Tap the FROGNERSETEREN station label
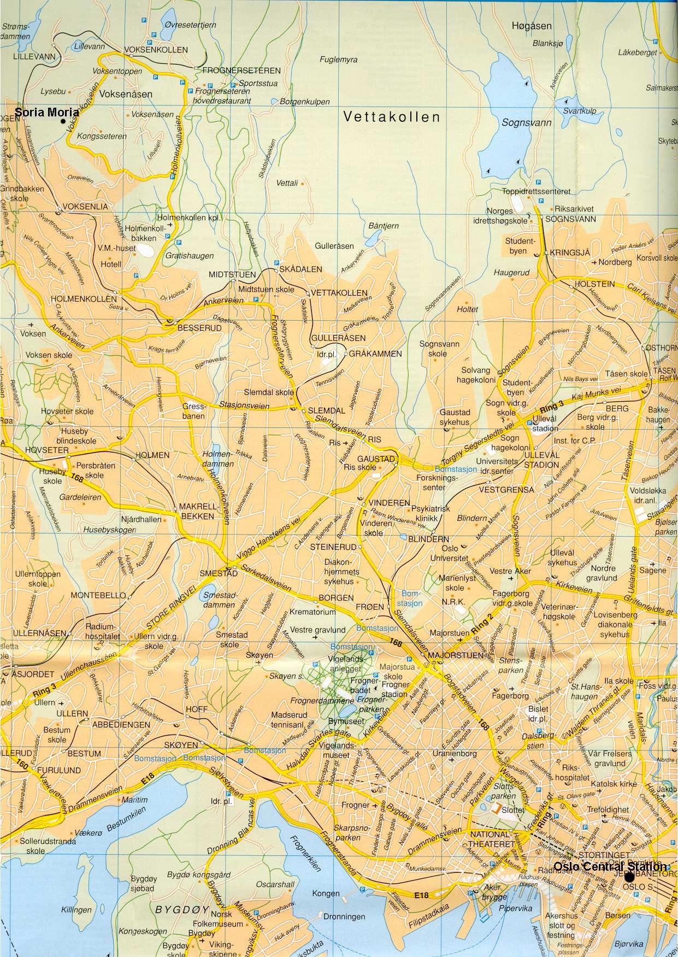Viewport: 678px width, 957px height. pos(241,71)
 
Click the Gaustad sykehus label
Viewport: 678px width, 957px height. pos(454,418)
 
